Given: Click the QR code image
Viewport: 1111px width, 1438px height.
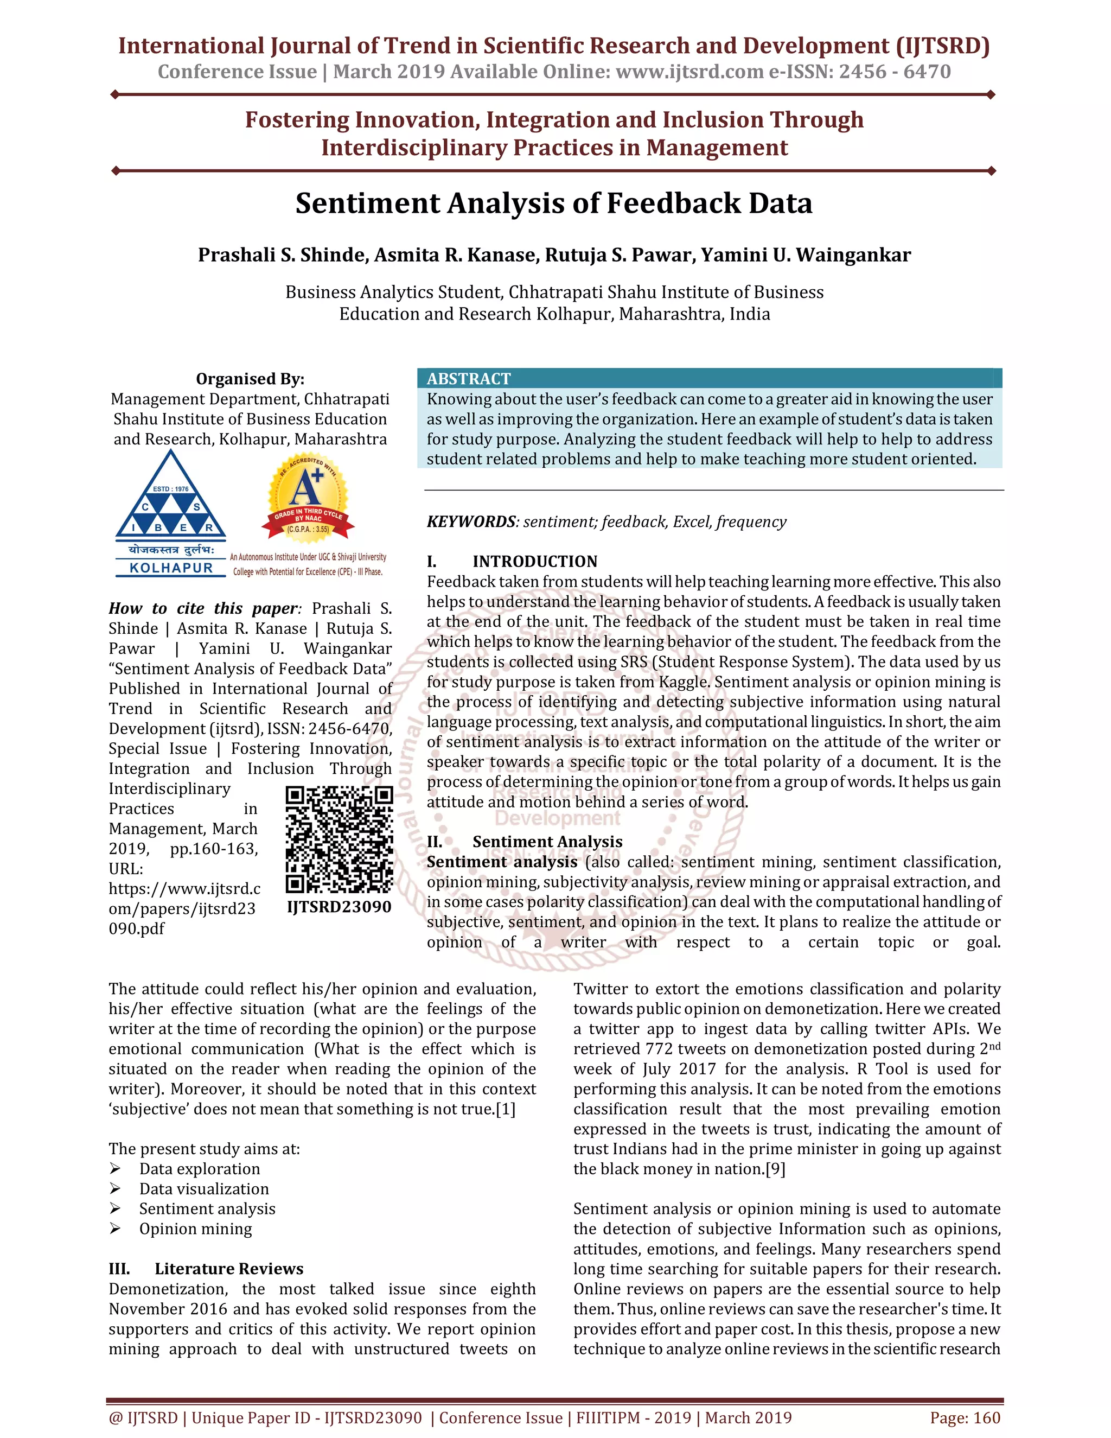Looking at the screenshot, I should click(x=339, y=839).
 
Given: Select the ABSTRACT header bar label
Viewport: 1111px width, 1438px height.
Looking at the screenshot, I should click(x=468, y=379).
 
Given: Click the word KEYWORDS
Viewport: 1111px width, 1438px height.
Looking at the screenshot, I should click(x=470, y=521).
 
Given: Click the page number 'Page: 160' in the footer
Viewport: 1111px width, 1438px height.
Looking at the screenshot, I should click(x=965, y=1417).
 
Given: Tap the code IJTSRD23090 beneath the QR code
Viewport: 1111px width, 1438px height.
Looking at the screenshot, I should click(x=339, y=907).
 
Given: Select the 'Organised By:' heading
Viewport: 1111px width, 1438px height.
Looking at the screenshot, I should click(x=250, y=379).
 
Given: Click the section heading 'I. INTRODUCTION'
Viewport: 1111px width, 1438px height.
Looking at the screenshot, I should click(x=512, y=561).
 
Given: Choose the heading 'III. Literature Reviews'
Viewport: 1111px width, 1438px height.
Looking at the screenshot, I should click(x=206, y=1268).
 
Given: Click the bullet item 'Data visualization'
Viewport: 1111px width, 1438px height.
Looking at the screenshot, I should click(x=204, y=1188).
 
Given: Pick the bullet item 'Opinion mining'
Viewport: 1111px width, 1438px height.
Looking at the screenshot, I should click(x=195, y=1229).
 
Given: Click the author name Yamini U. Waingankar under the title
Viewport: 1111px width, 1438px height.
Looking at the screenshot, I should click(x=806, y=255).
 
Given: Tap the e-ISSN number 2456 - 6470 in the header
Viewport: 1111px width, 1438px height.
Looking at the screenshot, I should click(x=895, y=71).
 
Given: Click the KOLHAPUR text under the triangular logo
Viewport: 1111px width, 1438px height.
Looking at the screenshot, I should click(x=171, y=568).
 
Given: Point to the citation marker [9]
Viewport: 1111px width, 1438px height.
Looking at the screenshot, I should click(x=775, y=1169).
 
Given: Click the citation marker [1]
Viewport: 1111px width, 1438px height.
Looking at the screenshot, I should click(x=506, y=1109).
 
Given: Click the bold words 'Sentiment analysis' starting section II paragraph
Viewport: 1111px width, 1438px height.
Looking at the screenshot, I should click(x=502, y=862).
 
